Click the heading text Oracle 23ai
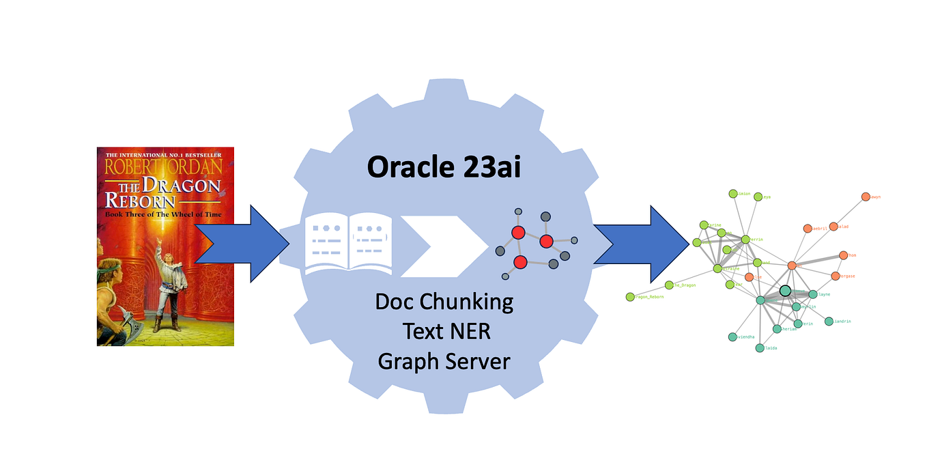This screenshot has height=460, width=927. (x=444, y=167)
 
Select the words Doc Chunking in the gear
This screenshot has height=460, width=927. (x=444, y=301)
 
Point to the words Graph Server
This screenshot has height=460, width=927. (x=444, y=360)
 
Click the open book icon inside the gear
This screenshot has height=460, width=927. (x=349, y=243)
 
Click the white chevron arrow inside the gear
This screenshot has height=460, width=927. (x=437, y=246)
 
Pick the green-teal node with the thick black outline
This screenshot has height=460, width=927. (x=785, y=291)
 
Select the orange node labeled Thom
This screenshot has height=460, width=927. (x=843, y=255)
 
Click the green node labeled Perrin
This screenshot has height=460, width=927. (x=745, y=240)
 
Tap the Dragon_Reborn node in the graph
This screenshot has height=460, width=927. (x=629, y=297)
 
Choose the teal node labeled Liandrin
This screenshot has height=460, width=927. (x=829, y=321)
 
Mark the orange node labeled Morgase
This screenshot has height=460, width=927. (x=835, y=276)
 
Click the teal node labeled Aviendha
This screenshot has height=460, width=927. (x=732, y=336)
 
